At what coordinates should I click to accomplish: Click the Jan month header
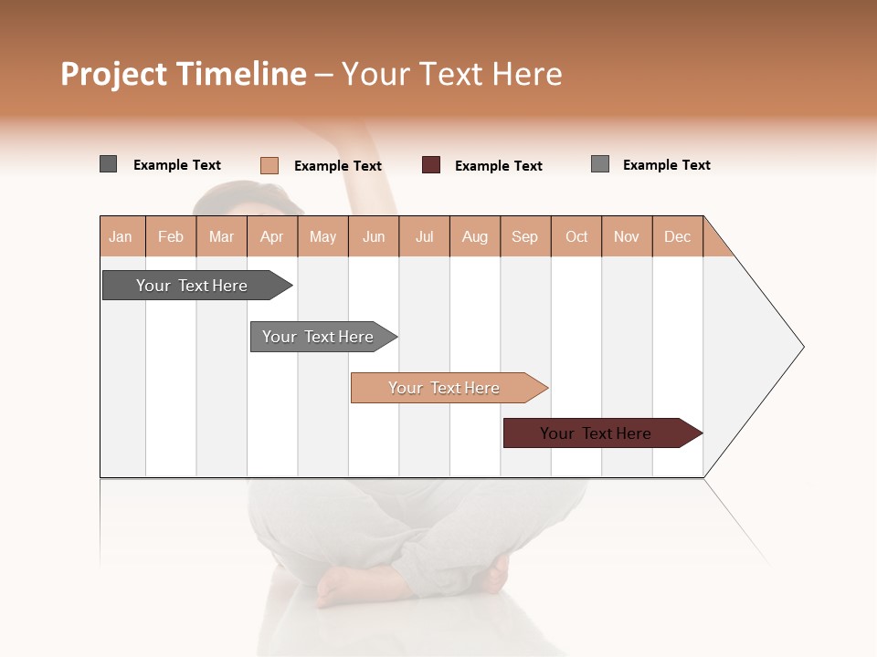tap(121, 236)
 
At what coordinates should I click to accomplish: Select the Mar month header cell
tap(221, 236)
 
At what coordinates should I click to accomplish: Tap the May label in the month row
tap(322, 236)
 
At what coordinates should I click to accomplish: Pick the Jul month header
tap(424, 236)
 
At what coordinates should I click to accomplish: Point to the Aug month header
tap(474, 236)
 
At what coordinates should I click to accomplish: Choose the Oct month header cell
tap(576, 236)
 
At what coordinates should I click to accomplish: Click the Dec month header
tap(677, 236)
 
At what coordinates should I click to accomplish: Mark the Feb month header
tap(171, 236)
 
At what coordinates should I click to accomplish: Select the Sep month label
tap(524, 236)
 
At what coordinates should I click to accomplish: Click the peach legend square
tap(269, 165)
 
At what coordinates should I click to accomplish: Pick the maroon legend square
tap(431, 165)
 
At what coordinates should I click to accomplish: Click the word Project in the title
tap(113, 74)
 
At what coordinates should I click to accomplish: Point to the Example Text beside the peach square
tap(338, 166)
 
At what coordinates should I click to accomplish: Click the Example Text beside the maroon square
tap(499, 166)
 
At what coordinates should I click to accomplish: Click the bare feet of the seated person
tap(365, 584)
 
